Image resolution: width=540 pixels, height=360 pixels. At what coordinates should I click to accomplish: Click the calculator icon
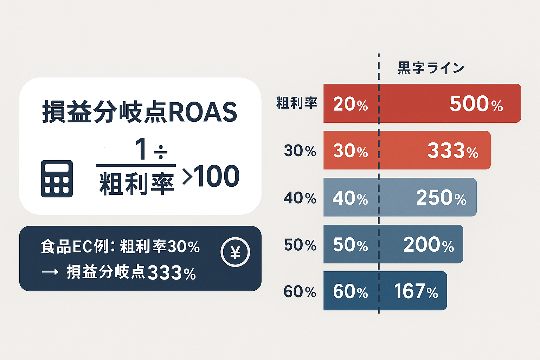(x=57, y=179)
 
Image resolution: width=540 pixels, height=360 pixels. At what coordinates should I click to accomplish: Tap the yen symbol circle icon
(x=235, y=252)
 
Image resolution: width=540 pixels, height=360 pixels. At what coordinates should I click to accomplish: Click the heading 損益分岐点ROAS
(x=140, y=112)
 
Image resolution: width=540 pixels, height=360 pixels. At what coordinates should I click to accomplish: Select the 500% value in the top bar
(x=476, y=104)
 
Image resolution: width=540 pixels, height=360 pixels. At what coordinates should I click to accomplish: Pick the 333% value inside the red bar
(x=453, y=151)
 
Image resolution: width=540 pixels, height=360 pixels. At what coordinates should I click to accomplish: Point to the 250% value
(x=441, y=198)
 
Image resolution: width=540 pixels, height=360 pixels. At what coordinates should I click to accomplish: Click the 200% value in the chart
(x=429, y=245)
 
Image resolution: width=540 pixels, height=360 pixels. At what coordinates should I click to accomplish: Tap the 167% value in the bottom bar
(x=416, y=291)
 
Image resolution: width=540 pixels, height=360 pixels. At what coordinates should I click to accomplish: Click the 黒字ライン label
(x=431, y=68)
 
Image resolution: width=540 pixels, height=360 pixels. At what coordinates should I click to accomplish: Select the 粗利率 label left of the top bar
(x=297, y=103)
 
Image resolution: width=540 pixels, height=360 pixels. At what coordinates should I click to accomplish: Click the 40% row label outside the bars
(x=300, y=198)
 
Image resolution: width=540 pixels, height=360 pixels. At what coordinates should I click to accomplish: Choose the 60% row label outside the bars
(x=300, y=292)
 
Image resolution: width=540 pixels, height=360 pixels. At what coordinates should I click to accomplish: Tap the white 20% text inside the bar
(x=350, y=104)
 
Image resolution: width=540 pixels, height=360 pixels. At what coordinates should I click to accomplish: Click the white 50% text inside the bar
(x=350, y=245)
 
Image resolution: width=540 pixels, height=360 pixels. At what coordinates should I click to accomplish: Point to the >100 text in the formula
(x=211, y=176)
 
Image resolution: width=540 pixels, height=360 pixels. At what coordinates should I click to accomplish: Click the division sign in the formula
(x=161, y=152)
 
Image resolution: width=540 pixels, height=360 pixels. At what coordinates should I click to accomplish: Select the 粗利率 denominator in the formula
(x=137, y=184)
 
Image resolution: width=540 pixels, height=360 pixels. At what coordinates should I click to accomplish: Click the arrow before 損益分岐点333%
(x=50, y=272)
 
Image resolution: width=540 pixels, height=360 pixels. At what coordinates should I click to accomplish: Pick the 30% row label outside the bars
(x=300, y=151)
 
